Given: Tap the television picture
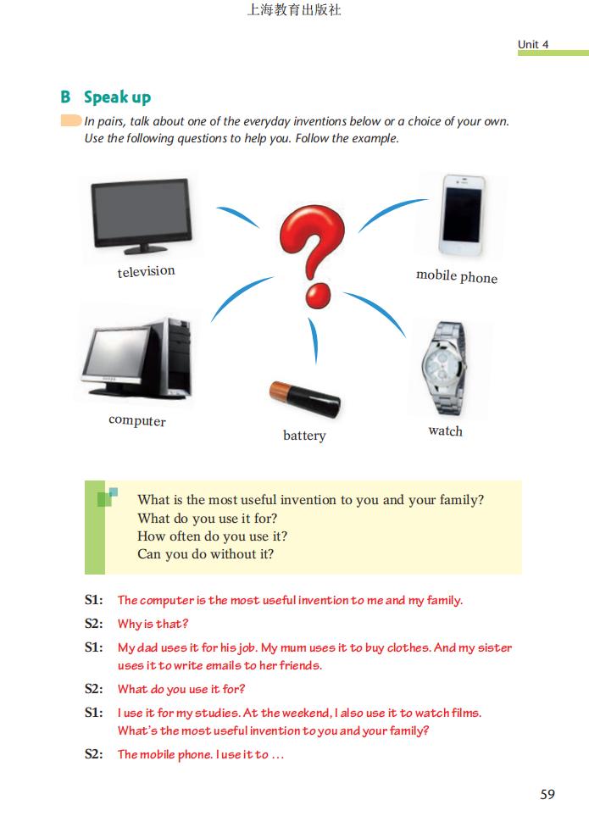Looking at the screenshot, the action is (142, 216).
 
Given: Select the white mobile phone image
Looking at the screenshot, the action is (462, 215).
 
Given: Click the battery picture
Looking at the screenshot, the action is (304, 398).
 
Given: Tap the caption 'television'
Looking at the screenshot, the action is (146, 271).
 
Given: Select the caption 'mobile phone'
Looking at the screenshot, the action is (457, 276).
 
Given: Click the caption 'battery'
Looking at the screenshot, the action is (304, 436).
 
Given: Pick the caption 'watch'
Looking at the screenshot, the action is (446, 430).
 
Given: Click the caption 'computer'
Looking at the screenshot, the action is (137, 420).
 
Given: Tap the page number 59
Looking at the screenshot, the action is (547, 794).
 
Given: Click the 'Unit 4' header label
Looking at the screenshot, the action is (533, 45).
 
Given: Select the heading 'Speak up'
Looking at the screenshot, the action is (117, 97).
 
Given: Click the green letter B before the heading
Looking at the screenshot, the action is (65, 97).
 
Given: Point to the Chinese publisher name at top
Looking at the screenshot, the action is (294, 10).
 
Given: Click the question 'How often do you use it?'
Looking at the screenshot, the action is (212, 536).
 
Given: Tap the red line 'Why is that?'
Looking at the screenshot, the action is (153, 624).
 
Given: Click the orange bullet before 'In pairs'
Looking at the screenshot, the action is (71, 120).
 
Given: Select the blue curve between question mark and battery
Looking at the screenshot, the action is (314, 339).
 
